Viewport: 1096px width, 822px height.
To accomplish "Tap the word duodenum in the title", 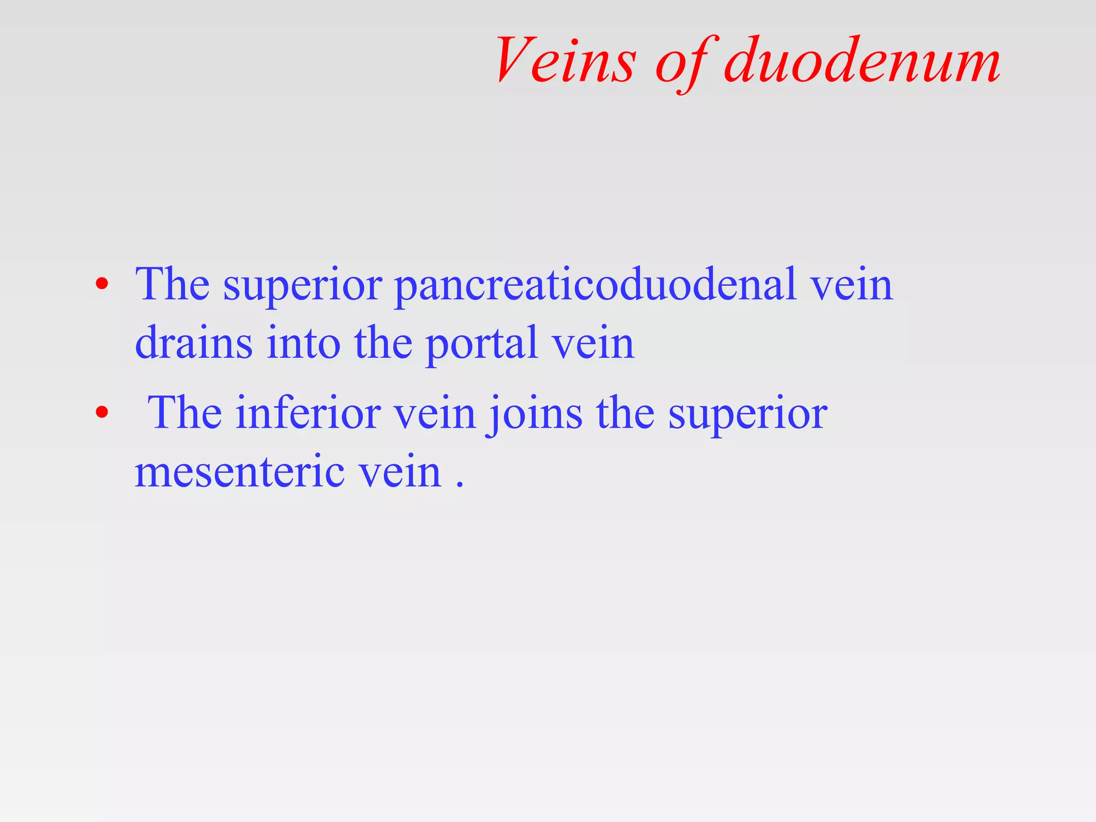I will coord(862,60).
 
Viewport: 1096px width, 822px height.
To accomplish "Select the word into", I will coord(303,342).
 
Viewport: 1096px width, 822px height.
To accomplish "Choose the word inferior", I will coord(308,413).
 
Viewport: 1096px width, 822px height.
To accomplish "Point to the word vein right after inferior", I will coord(435,414).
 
